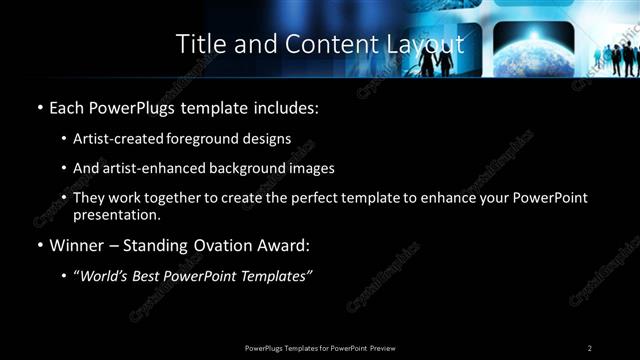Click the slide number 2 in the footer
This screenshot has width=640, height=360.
590,347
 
